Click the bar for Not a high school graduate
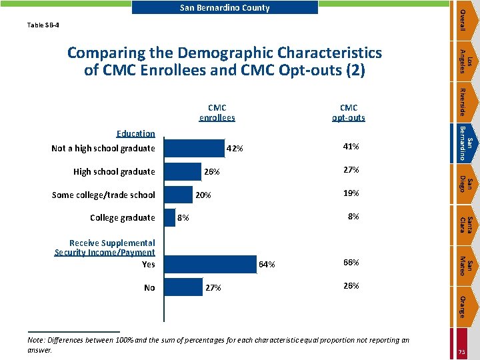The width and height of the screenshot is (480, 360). (x=194, y=148)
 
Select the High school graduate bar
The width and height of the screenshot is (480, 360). (x=182, y=171)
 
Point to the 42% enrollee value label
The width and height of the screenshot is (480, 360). (x=235, y=149)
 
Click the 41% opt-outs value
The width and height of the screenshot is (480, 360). (x=351, y=147)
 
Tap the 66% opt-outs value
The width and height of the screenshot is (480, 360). (x=351, y=263)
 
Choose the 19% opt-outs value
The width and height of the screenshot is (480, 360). (x=351, y=193)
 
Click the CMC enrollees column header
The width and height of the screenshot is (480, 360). (x=217, y=113)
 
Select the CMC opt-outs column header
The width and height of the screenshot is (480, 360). (x=348, y=113)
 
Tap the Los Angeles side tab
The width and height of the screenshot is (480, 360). (x=467, y=61)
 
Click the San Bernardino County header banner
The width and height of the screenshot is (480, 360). (x=225, y=8)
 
